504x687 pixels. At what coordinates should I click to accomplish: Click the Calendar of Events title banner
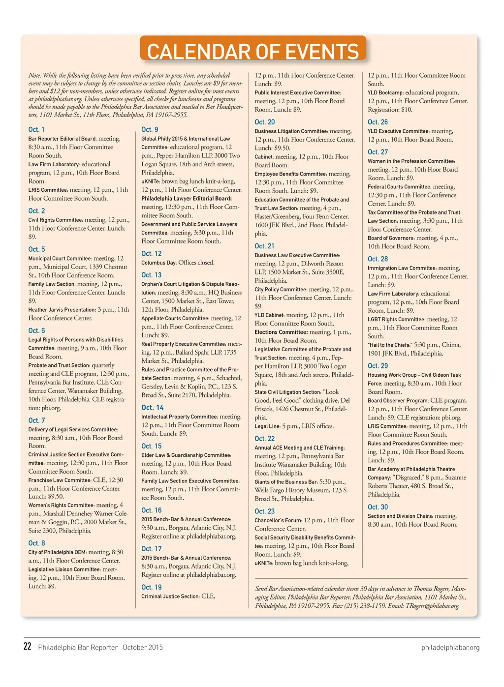[x=253, y=51]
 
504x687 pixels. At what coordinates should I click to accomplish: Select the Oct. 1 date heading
[x=36, y=129]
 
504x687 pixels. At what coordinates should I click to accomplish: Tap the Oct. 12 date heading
[x=151, y=254]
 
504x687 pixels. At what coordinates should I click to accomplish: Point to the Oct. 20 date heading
[x=264, y=122]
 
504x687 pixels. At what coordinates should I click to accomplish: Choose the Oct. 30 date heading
[x=378, y=507]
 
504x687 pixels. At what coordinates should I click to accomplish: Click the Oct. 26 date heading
[x=378, y=122]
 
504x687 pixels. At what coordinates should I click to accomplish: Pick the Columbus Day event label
[x=158, y=263]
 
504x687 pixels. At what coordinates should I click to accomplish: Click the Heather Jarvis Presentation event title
[x=62, y=310]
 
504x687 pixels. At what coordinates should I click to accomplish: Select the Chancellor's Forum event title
[x=278, y=520]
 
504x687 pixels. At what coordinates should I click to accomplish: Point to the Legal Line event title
[x=267, y=426]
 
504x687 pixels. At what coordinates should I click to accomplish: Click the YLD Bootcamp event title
[x=385, y=92]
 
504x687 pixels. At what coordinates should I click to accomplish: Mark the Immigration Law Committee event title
[x=402, y=268]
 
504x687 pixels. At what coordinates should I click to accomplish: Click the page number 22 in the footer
[x=28, y=646]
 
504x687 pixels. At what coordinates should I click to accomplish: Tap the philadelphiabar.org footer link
[x=450, y=647]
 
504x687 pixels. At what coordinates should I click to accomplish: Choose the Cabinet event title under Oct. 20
[x=263, y=157]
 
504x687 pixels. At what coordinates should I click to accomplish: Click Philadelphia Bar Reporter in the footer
[x=78, y=647]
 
